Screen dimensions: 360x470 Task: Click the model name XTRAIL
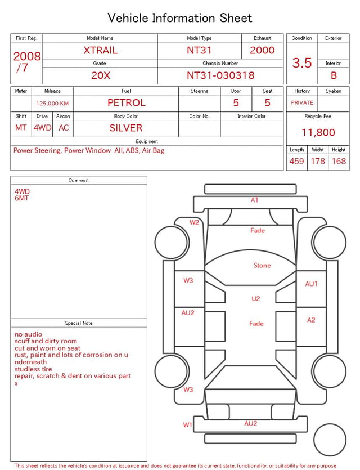(100, 50)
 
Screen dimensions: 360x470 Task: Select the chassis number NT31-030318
(220, 75)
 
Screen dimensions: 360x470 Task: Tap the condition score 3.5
(302, 62)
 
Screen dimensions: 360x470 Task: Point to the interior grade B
(334, 75)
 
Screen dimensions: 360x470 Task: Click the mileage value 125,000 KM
(52, 104)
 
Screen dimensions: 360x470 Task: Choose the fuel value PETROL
(127, 103)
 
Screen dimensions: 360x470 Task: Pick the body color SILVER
(126, 128)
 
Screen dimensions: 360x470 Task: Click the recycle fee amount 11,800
(318, 132)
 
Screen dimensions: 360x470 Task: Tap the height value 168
(339, 161)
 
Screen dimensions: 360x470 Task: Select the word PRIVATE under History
(302, 102)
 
